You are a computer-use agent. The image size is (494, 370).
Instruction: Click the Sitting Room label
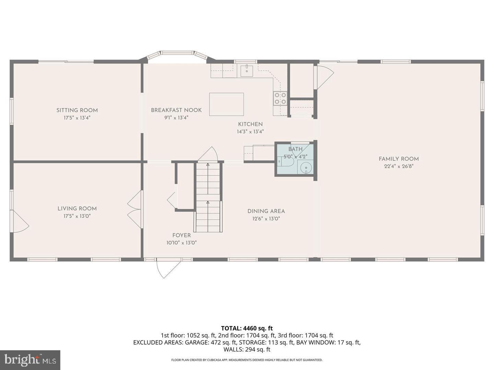pos(77,110)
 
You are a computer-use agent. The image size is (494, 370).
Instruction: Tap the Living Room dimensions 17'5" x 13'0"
pos(77,216)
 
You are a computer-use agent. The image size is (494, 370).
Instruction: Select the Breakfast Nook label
pos(176,110)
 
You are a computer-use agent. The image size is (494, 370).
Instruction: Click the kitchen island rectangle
pos(226,104)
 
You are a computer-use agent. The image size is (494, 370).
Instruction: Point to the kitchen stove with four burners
pos(280,98)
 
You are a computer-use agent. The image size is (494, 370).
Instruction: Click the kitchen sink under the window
pos(247,71)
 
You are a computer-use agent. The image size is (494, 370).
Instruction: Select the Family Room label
pos(399,159)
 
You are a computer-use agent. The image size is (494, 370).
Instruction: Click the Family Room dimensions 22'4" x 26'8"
pos(399,166)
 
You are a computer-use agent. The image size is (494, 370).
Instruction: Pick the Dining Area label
pos(266,211)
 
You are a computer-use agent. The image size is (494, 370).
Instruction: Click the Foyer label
pos(181,235)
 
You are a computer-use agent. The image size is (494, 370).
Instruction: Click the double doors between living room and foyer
pos(135,209)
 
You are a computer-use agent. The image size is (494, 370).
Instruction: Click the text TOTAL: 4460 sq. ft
pos(247,328)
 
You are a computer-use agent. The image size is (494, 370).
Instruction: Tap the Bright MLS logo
pos(30,360)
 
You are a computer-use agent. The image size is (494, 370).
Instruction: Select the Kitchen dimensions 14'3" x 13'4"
pos(250,132)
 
